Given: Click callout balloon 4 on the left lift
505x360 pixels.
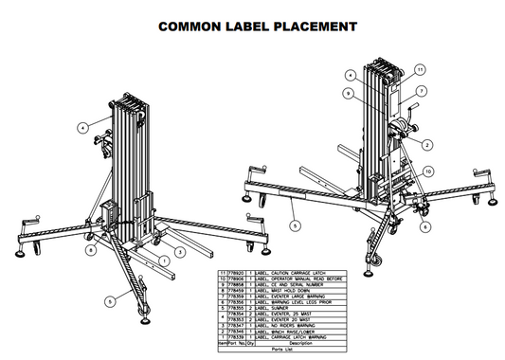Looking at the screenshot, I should pos(83,125).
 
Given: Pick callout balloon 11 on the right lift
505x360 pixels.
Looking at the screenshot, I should pos(420,68).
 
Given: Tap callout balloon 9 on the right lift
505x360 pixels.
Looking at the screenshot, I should pos(351,93).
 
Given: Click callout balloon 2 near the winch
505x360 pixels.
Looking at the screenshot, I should pos(428,144).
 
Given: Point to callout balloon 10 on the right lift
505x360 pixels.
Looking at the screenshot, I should pos(427,171).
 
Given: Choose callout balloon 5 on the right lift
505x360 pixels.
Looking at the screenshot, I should pos(295,225).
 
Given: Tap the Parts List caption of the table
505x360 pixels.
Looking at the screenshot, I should pos(291,349).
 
